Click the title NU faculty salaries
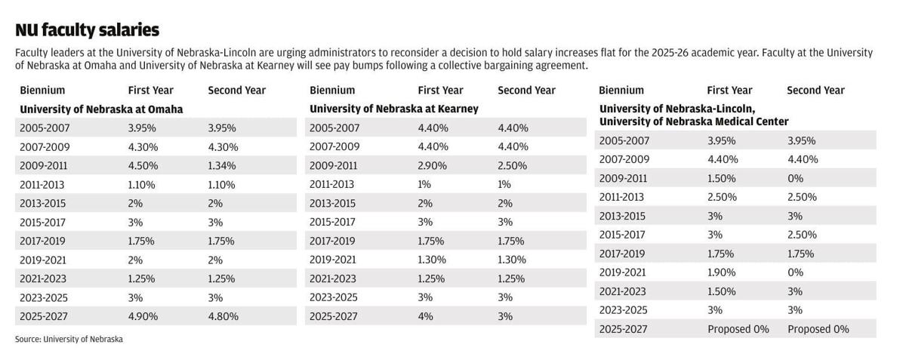(87, 29)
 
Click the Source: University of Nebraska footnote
(69, 340)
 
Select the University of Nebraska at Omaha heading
(101, 109)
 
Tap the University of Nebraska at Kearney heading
(393, 109)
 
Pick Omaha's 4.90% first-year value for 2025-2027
(143, 317)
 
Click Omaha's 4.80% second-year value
(223, 317)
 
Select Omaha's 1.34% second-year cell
(222, 166)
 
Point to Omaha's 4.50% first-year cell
(143, 166)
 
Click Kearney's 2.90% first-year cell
(433, 166)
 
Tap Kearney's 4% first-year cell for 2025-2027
(426, 317)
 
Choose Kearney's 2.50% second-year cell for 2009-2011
(513, 166)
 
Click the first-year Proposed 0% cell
(738, 329)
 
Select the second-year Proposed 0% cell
(818, 329)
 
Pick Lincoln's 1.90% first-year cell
(723, 272)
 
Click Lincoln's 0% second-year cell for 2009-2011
(795, 179)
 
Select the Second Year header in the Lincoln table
(815, 91)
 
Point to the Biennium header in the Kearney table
(332, 91)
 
